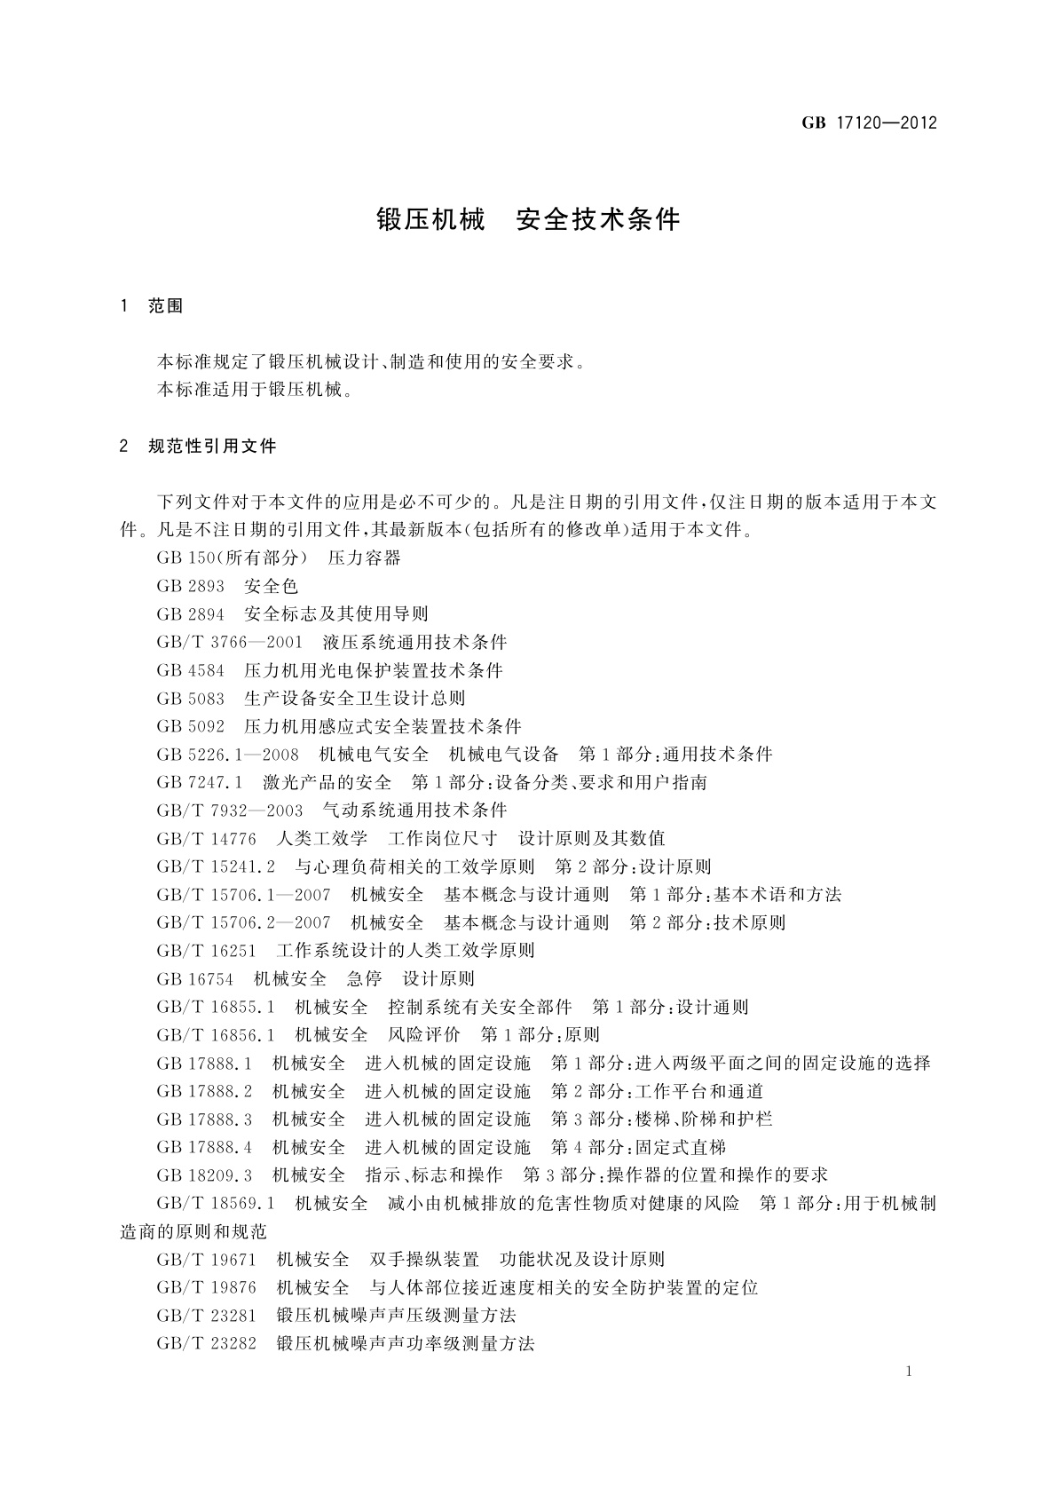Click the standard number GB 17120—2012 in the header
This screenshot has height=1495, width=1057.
[869, 123]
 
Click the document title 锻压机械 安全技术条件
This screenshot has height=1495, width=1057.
[529, 220]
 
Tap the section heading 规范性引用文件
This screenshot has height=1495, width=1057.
[212, 446]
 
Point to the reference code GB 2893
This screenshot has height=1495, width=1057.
[190, 586]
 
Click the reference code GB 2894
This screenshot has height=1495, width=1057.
[190, 613]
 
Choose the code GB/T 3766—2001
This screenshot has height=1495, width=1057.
[229, 642]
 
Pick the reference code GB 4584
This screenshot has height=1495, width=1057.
[190, 670]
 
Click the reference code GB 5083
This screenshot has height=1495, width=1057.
[190, 698]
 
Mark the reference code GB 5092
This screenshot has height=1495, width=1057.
[190, 726]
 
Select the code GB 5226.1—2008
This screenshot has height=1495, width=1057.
[227, 755]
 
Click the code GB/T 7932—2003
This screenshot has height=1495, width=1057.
[229, 811]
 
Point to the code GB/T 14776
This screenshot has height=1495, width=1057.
[206, 838]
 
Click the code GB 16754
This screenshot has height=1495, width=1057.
[194, 978]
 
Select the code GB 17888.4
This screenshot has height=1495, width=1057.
[204, 1147]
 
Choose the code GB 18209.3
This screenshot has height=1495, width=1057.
[204, 1175]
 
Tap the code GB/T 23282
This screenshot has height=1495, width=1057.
[206, 1343]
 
